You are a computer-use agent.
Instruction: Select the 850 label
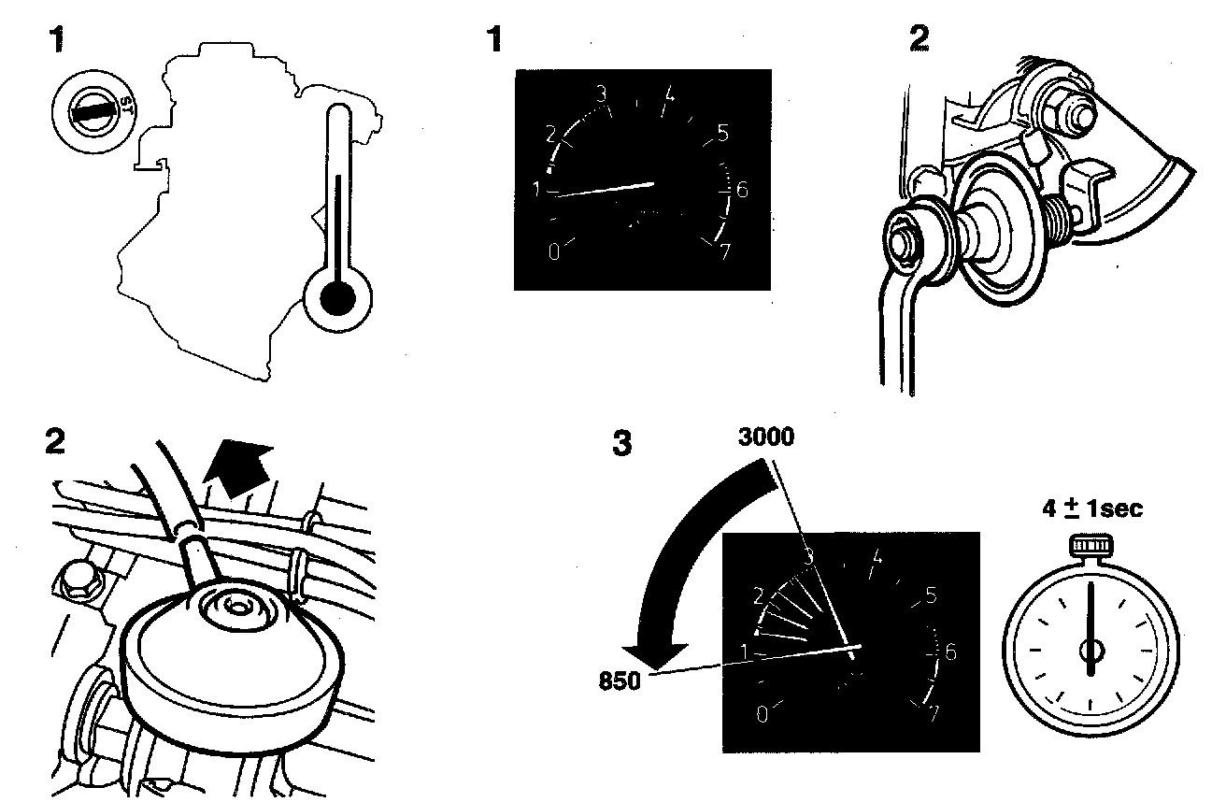620,680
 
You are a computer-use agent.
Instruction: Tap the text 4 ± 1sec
1092,510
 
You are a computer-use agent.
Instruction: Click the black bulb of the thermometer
337,299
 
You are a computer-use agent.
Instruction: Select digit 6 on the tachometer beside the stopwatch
950,652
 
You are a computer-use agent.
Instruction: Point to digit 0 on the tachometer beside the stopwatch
762,714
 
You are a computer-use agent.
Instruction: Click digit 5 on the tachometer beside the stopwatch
931,594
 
